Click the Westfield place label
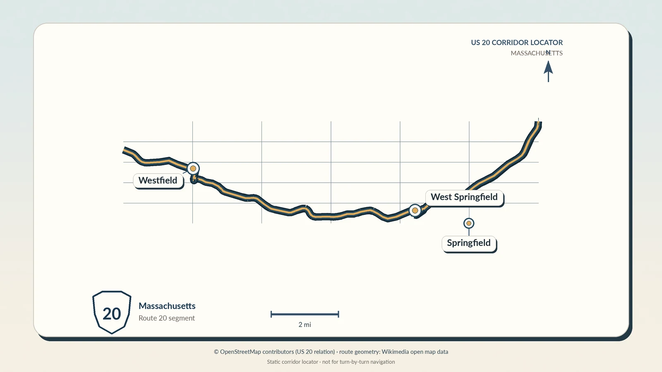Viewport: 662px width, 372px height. (158, 180)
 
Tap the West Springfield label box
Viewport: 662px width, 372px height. (464, 197)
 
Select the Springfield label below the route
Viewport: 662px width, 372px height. (469, 243)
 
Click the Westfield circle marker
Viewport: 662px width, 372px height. (193, 169)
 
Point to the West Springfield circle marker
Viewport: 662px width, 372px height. (415, 210)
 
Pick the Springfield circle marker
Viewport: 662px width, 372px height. (469, 224)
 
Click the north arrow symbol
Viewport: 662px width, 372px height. (548, 71)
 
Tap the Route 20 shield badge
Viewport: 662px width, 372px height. (112, 312)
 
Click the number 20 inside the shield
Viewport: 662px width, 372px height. (112, 314)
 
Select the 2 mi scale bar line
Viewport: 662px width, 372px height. (305, 314)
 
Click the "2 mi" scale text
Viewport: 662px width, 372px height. (305, 325)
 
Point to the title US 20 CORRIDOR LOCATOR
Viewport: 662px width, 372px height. (517, 43)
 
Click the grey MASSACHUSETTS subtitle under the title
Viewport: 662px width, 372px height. (537, 53)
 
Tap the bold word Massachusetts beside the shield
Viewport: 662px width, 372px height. (167, 306)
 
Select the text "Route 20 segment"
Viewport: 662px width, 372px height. (167, 318)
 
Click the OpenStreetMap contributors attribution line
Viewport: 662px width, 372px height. (331, 352)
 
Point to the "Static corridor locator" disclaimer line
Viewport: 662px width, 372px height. (331, 362)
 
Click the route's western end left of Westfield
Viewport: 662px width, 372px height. (124, 150)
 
